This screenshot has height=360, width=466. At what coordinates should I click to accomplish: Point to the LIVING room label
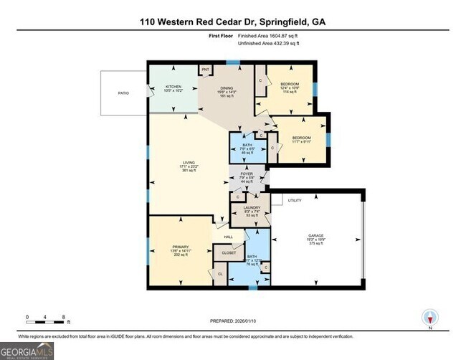pos(189,166)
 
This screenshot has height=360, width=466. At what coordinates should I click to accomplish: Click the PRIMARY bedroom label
pos(179,247)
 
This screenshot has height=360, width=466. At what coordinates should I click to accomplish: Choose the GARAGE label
pos(316,236)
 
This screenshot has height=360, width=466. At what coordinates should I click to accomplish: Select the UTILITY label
pos(294,201)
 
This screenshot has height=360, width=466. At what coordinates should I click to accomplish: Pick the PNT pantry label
pos(204,70)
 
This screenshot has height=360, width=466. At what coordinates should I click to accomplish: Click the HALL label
pos(228,237)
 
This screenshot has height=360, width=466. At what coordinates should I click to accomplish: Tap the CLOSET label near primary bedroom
pos(229,253)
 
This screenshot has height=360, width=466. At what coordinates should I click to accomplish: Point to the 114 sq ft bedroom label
pos(289,87)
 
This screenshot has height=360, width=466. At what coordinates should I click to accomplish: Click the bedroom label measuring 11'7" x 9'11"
pos(301,137)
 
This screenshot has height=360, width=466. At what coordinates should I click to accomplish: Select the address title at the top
pos(233,22)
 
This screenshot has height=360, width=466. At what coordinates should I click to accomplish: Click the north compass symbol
pos(430,318)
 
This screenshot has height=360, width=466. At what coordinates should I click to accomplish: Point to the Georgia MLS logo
pos(27,351)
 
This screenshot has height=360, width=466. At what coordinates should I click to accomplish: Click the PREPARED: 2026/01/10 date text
pos(233,322)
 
